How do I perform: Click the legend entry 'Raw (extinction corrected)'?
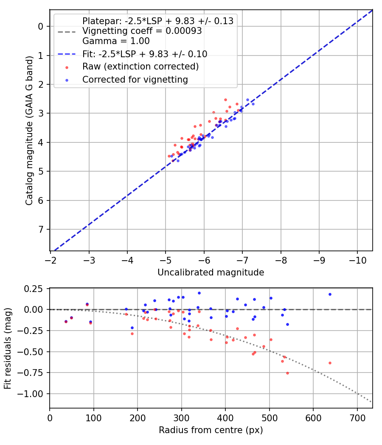click(140, 67)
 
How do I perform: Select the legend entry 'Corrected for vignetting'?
click(135, 79)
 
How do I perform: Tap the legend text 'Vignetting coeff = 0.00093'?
click(142, 31)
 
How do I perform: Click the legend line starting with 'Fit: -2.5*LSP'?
click(145, 54)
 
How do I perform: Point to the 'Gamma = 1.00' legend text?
click(116, 41)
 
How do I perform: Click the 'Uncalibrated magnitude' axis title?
click(211, 273)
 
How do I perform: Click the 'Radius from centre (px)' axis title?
click(211, 430)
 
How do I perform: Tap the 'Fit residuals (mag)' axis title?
click(8, 348)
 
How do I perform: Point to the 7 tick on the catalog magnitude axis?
click(41, 229)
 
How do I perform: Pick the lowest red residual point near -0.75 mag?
click(287, 373)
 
